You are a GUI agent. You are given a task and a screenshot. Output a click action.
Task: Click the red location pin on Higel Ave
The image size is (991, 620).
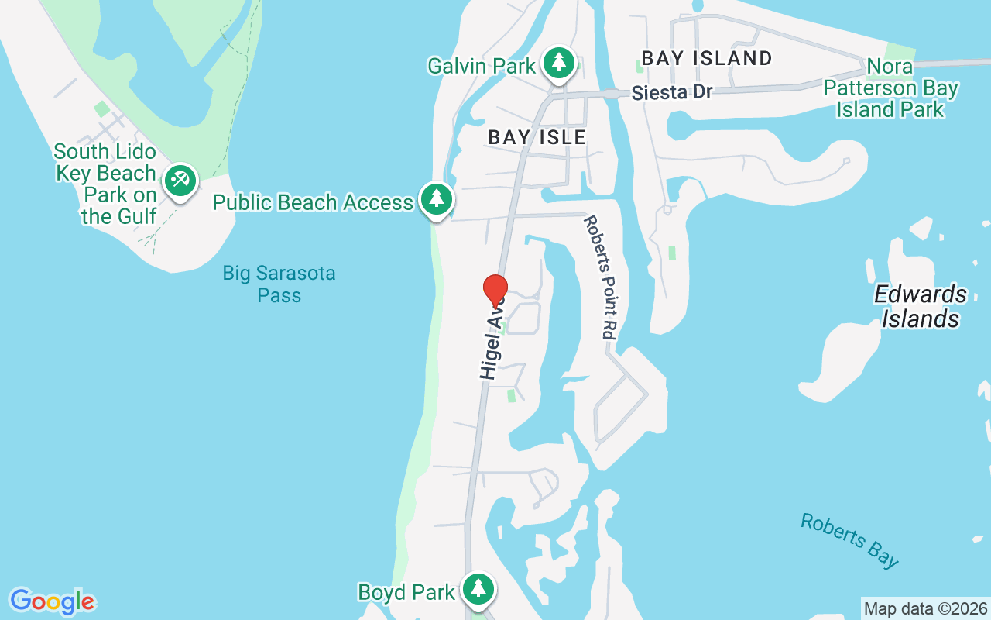(495, 291)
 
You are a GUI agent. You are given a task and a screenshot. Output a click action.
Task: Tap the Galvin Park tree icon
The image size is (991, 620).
(558, 63)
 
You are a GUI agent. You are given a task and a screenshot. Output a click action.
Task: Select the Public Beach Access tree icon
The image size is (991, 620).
(437, 200)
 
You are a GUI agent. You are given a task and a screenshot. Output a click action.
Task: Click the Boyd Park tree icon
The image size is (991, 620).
(478, 589)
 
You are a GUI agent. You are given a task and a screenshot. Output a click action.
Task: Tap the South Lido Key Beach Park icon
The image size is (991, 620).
(180, 180)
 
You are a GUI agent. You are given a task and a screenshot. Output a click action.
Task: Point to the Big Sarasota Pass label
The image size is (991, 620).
(279, 284)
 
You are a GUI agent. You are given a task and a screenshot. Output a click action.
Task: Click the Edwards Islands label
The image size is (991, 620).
(921, 306)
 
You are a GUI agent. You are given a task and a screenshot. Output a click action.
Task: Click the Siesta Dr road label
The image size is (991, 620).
(671, 92)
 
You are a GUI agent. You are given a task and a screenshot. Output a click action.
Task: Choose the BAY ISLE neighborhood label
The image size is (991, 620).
(537, 137)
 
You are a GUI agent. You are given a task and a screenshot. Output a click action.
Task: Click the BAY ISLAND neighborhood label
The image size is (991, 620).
(707, 58)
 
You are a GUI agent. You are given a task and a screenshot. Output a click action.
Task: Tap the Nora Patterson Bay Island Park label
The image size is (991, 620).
(890, 88)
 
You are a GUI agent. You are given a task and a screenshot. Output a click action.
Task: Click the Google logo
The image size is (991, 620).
(52, 601)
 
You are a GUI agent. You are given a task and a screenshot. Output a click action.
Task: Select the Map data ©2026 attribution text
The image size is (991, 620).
(925, 608)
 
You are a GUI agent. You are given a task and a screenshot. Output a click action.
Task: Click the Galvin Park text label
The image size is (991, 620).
(482, 66)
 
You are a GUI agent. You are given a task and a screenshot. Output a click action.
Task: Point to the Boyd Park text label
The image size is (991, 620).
(406, 592)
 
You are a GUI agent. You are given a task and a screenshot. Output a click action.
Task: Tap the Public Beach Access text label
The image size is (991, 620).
(313, 202)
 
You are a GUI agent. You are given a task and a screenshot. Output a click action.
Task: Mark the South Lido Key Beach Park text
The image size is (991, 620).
(106, 184)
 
